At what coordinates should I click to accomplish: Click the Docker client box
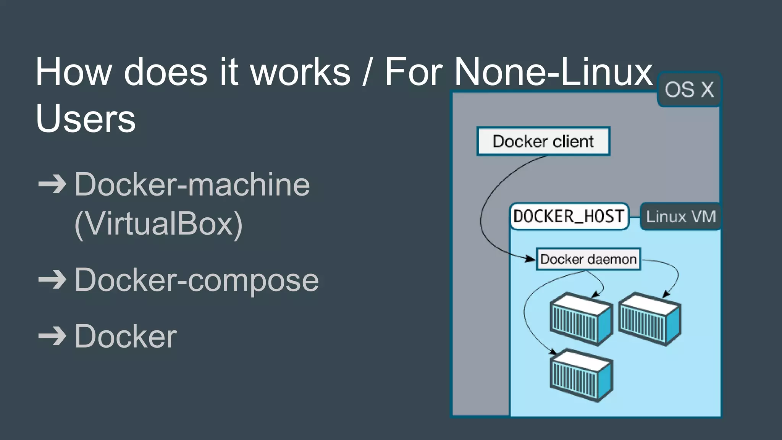543,141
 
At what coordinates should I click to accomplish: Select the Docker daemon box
588,259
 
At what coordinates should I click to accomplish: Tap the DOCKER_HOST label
569,217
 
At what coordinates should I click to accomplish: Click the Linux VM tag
680,217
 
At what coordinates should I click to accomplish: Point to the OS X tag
689,90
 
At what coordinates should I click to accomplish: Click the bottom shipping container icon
581,375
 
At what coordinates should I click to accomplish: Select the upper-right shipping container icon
650,319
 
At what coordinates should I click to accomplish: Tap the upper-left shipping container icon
581,319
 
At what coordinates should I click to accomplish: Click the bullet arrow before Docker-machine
52,185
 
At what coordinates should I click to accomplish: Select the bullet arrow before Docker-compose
52,280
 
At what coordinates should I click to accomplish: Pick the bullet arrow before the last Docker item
52,336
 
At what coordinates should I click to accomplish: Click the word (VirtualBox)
158,224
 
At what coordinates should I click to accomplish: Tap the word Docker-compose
196,280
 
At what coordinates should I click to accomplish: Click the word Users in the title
86,118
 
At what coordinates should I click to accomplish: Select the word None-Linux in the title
553,72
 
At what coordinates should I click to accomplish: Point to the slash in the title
367,72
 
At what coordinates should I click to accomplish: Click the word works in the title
300,72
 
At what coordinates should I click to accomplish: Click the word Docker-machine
192,185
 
